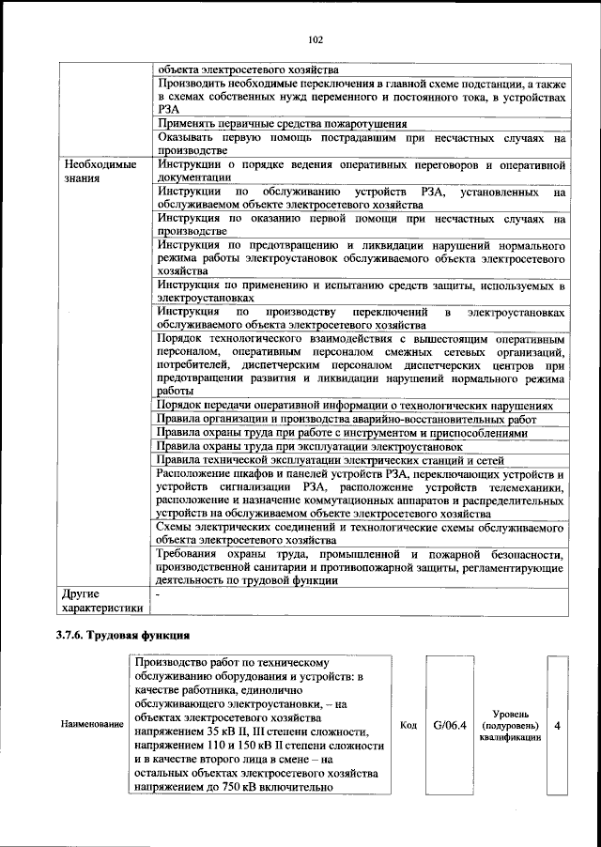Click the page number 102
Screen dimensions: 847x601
315,38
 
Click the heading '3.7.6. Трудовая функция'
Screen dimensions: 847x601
122,637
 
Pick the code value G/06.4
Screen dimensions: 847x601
450,726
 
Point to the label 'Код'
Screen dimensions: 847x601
408,726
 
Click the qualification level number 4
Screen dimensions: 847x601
559,726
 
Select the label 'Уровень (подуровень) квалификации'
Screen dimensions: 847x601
511,726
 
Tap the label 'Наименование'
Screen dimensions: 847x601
92,726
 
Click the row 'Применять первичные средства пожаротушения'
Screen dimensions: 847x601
282,123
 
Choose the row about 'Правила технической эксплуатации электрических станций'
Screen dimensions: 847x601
331,460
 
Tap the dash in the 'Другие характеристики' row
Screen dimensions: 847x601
159,594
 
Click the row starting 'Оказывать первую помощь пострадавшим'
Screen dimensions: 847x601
361,144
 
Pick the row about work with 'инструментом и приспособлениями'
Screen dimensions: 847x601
342,433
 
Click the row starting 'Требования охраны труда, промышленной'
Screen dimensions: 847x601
361,567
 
